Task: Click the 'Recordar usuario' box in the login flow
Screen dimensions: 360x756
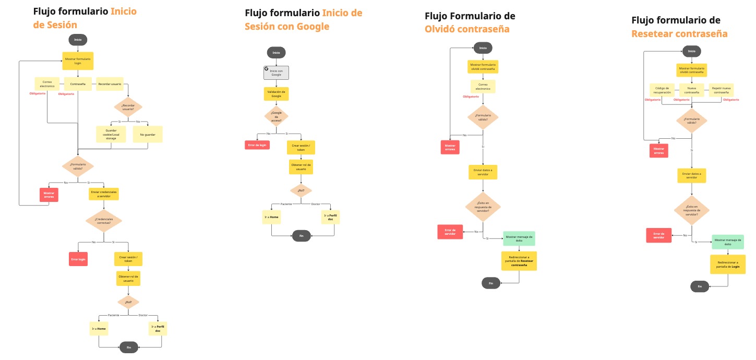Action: tap(110, 83)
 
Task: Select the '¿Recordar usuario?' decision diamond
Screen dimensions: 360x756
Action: tap(128, 107)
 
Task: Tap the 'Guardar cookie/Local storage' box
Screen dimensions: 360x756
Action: tap(111, 134)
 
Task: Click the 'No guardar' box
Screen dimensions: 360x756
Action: tap(148, 134)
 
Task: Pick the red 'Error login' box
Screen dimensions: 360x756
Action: tap(78, 259)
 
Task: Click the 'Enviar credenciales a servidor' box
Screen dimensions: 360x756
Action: tap(104, 194)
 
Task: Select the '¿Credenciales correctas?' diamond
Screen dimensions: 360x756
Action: tap(104, 221)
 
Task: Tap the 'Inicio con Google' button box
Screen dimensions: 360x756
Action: tap(276, 73)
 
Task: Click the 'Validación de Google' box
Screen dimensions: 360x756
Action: tap(276, 94)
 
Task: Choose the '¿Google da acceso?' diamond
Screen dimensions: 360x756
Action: tap(276, 117)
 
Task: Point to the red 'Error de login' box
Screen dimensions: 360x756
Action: tap(257, 145)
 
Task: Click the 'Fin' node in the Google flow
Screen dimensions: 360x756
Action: tap(301, 236)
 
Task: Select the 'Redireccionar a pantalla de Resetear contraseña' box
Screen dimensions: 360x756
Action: tap(519, 261)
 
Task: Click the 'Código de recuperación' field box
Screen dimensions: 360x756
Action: tap(662, 90)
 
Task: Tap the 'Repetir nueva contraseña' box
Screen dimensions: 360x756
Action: tap(721, 90)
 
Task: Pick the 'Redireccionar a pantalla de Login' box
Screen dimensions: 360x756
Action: tap(728, 264)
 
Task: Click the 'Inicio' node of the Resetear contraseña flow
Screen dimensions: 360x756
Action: tap(691, 51)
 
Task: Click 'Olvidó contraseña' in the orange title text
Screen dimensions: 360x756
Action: tap(467, 29)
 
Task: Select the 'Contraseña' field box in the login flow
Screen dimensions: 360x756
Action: tap(78, 83)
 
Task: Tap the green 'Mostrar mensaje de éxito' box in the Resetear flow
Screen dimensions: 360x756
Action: tap(727, 242)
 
